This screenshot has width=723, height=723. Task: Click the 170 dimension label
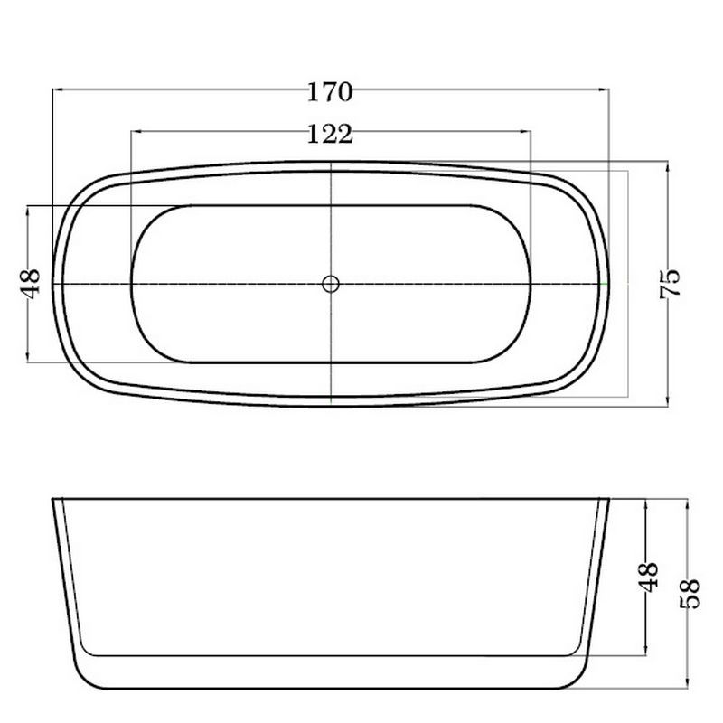pos(330,92)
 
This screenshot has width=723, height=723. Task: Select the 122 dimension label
pos(330,134)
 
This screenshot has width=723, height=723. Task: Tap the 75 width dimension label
pos(670,284)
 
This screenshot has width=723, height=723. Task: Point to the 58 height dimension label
pos(690,594)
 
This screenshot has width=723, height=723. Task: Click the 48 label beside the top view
pos(31,284)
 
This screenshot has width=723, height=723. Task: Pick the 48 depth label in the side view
pos(648,577)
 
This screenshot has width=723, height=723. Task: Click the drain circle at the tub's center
pos(331,284)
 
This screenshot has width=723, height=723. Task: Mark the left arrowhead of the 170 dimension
pos(58,89)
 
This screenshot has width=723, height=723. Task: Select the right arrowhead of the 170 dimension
pos(604,89)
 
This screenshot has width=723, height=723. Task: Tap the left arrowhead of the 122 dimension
pos(136,131)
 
